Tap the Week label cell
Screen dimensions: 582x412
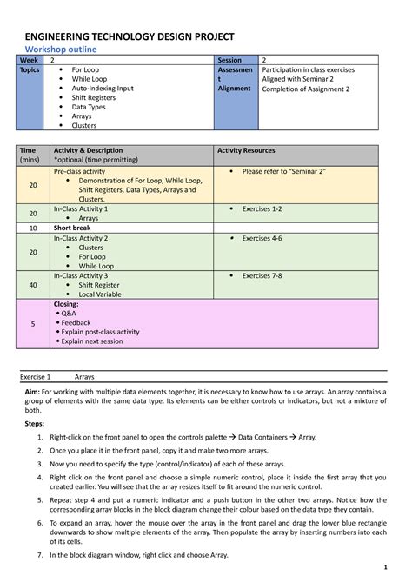click(30, 61)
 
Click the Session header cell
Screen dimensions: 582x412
click(229, 61)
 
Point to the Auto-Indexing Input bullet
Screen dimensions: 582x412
click(102, 89)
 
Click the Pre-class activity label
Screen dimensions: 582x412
click(79, 172)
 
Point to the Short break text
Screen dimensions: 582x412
click(74, 228)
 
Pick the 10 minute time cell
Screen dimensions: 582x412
click(33, 228)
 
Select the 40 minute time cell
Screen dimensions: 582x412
click(33, 284)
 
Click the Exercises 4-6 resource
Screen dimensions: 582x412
click(262, 238)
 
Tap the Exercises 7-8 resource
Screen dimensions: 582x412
click(262, 275)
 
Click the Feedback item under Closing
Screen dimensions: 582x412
click(78, 322)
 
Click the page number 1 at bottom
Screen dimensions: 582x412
click(383, 568)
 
